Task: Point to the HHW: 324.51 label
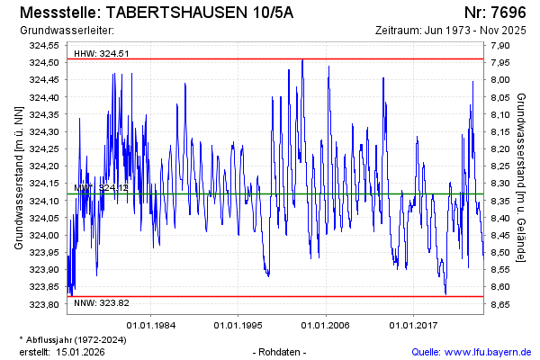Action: [x=102, y=53]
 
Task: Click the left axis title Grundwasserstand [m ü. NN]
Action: [x=18, y=175]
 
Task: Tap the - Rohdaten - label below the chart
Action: [x=281, y=351]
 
